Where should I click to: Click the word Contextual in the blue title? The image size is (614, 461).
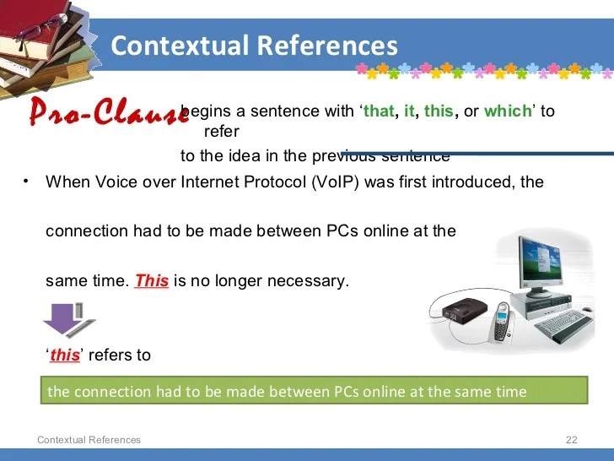tap(180, 46)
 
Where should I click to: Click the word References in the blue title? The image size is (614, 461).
tap(327, 46)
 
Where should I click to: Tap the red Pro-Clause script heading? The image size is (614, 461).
tap(110, 111)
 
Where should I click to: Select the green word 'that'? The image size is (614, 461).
tap(379, 111)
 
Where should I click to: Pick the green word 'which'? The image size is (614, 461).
tap(508, 111)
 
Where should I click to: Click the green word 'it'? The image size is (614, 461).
tap(409, 111)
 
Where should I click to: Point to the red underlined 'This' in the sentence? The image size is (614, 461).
tap(152, 280)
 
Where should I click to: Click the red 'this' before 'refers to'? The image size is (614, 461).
tap(65, 355)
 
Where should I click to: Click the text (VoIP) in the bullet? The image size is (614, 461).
tap(335, 182)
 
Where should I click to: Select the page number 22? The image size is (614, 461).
tap(571, 440)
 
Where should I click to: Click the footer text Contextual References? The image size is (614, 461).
tap(89, 440)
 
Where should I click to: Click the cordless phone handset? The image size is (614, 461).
tap(502, 323)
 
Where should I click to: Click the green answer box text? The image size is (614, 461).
tap(287, 392)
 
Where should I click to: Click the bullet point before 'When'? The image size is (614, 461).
tap(26, 182)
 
